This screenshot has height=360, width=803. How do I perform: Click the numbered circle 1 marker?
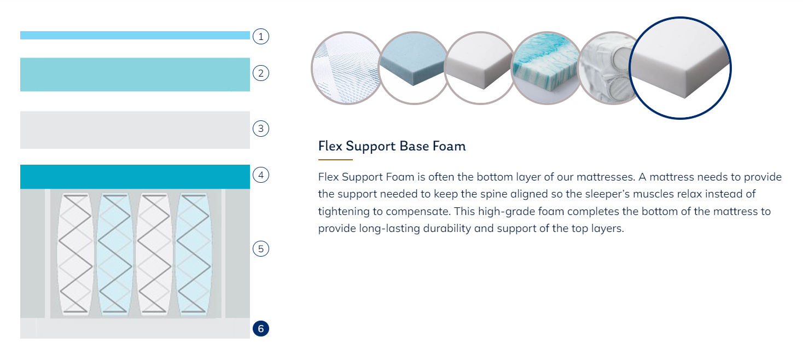click(260, 36)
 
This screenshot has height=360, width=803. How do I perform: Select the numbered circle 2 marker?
click(260, 73)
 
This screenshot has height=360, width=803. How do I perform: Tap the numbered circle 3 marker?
click(260, 129)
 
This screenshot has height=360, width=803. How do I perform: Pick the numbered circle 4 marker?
click(260, 175)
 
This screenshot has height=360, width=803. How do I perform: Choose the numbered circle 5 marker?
click(260, 248)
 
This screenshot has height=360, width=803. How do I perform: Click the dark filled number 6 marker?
click(260, 328)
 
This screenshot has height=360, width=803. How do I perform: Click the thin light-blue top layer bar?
click(135, 35)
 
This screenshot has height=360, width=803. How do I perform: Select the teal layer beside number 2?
click(135, 74)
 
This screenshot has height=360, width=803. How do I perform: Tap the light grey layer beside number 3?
click(135, 130)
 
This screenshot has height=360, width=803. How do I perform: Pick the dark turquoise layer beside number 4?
click(135, 177)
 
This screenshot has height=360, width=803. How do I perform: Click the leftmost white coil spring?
click(75, 254)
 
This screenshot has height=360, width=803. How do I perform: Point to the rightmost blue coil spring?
click(193, 254)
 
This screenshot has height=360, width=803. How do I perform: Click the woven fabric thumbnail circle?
click(346, 68)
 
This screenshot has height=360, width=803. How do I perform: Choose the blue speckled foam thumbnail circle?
click(414, 68)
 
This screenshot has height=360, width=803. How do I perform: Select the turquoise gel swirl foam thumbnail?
click(546, 68)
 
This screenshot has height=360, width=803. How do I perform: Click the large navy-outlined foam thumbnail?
click(680, 68)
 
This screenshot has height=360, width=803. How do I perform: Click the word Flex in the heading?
click(330, 146)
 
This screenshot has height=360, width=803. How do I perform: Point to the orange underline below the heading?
click(335, 160)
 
